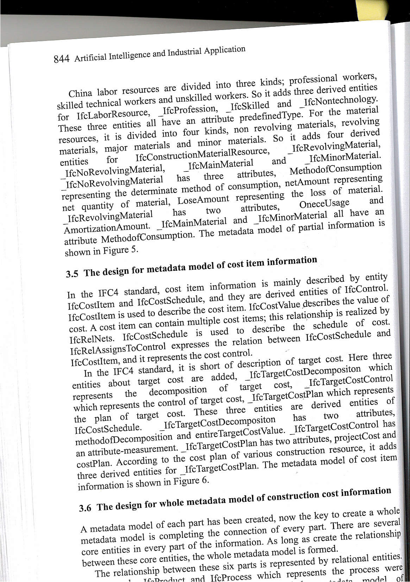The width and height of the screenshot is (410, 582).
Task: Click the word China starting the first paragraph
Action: (x=80, y=94)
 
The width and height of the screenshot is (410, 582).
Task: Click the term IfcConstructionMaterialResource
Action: (x=202, y=154)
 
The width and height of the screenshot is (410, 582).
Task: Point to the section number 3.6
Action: (x=85, y=508)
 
